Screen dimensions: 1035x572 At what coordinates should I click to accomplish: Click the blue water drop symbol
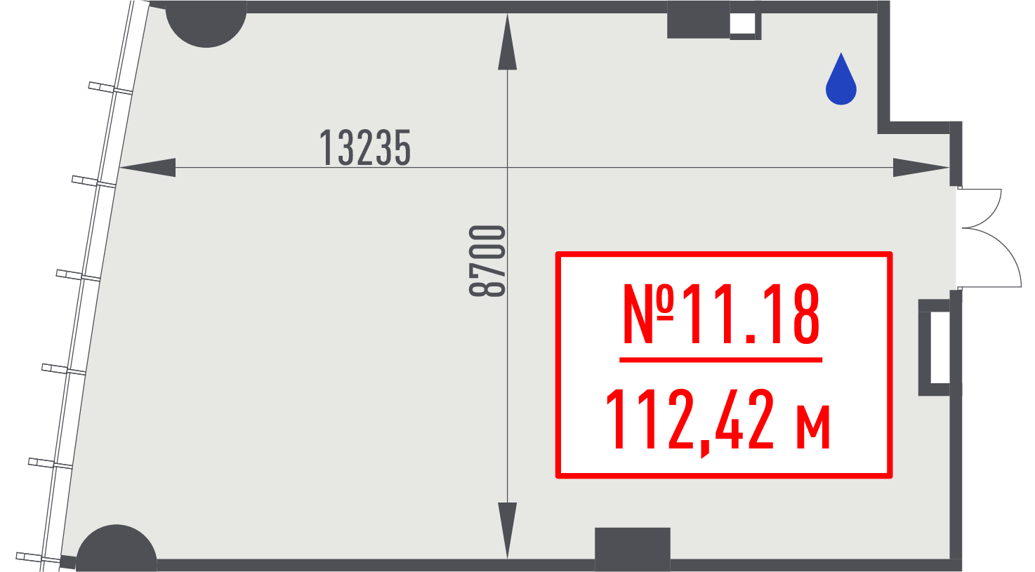point(841,81)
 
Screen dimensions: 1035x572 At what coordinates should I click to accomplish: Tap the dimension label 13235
point(365,147)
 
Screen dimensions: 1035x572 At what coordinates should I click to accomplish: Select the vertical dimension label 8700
point(487,261)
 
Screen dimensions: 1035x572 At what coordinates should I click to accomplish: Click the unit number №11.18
point(721,314)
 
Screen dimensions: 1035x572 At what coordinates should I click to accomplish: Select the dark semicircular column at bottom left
point(117,547)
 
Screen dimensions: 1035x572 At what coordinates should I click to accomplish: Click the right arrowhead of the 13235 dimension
point(921,168)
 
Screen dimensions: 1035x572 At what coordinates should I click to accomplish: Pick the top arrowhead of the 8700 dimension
point(508,42)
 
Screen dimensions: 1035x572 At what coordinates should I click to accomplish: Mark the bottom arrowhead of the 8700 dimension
point(508,531)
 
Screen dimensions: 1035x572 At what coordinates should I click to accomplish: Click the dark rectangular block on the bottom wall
point(633,549)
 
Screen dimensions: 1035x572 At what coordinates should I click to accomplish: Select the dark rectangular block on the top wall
point(698,20)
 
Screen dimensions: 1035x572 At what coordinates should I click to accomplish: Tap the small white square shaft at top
point(742,24)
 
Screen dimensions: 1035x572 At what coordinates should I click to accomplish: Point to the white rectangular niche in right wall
point(940,347)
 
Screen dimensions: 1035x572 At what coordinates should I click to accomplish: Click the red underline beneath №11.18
point(721,359)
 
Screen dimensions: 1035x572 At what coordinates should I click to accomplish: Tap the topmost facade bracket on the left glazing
point(110,88)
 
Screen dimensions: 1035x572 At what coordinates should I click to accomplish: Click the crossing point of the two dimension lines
point(508,168)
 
